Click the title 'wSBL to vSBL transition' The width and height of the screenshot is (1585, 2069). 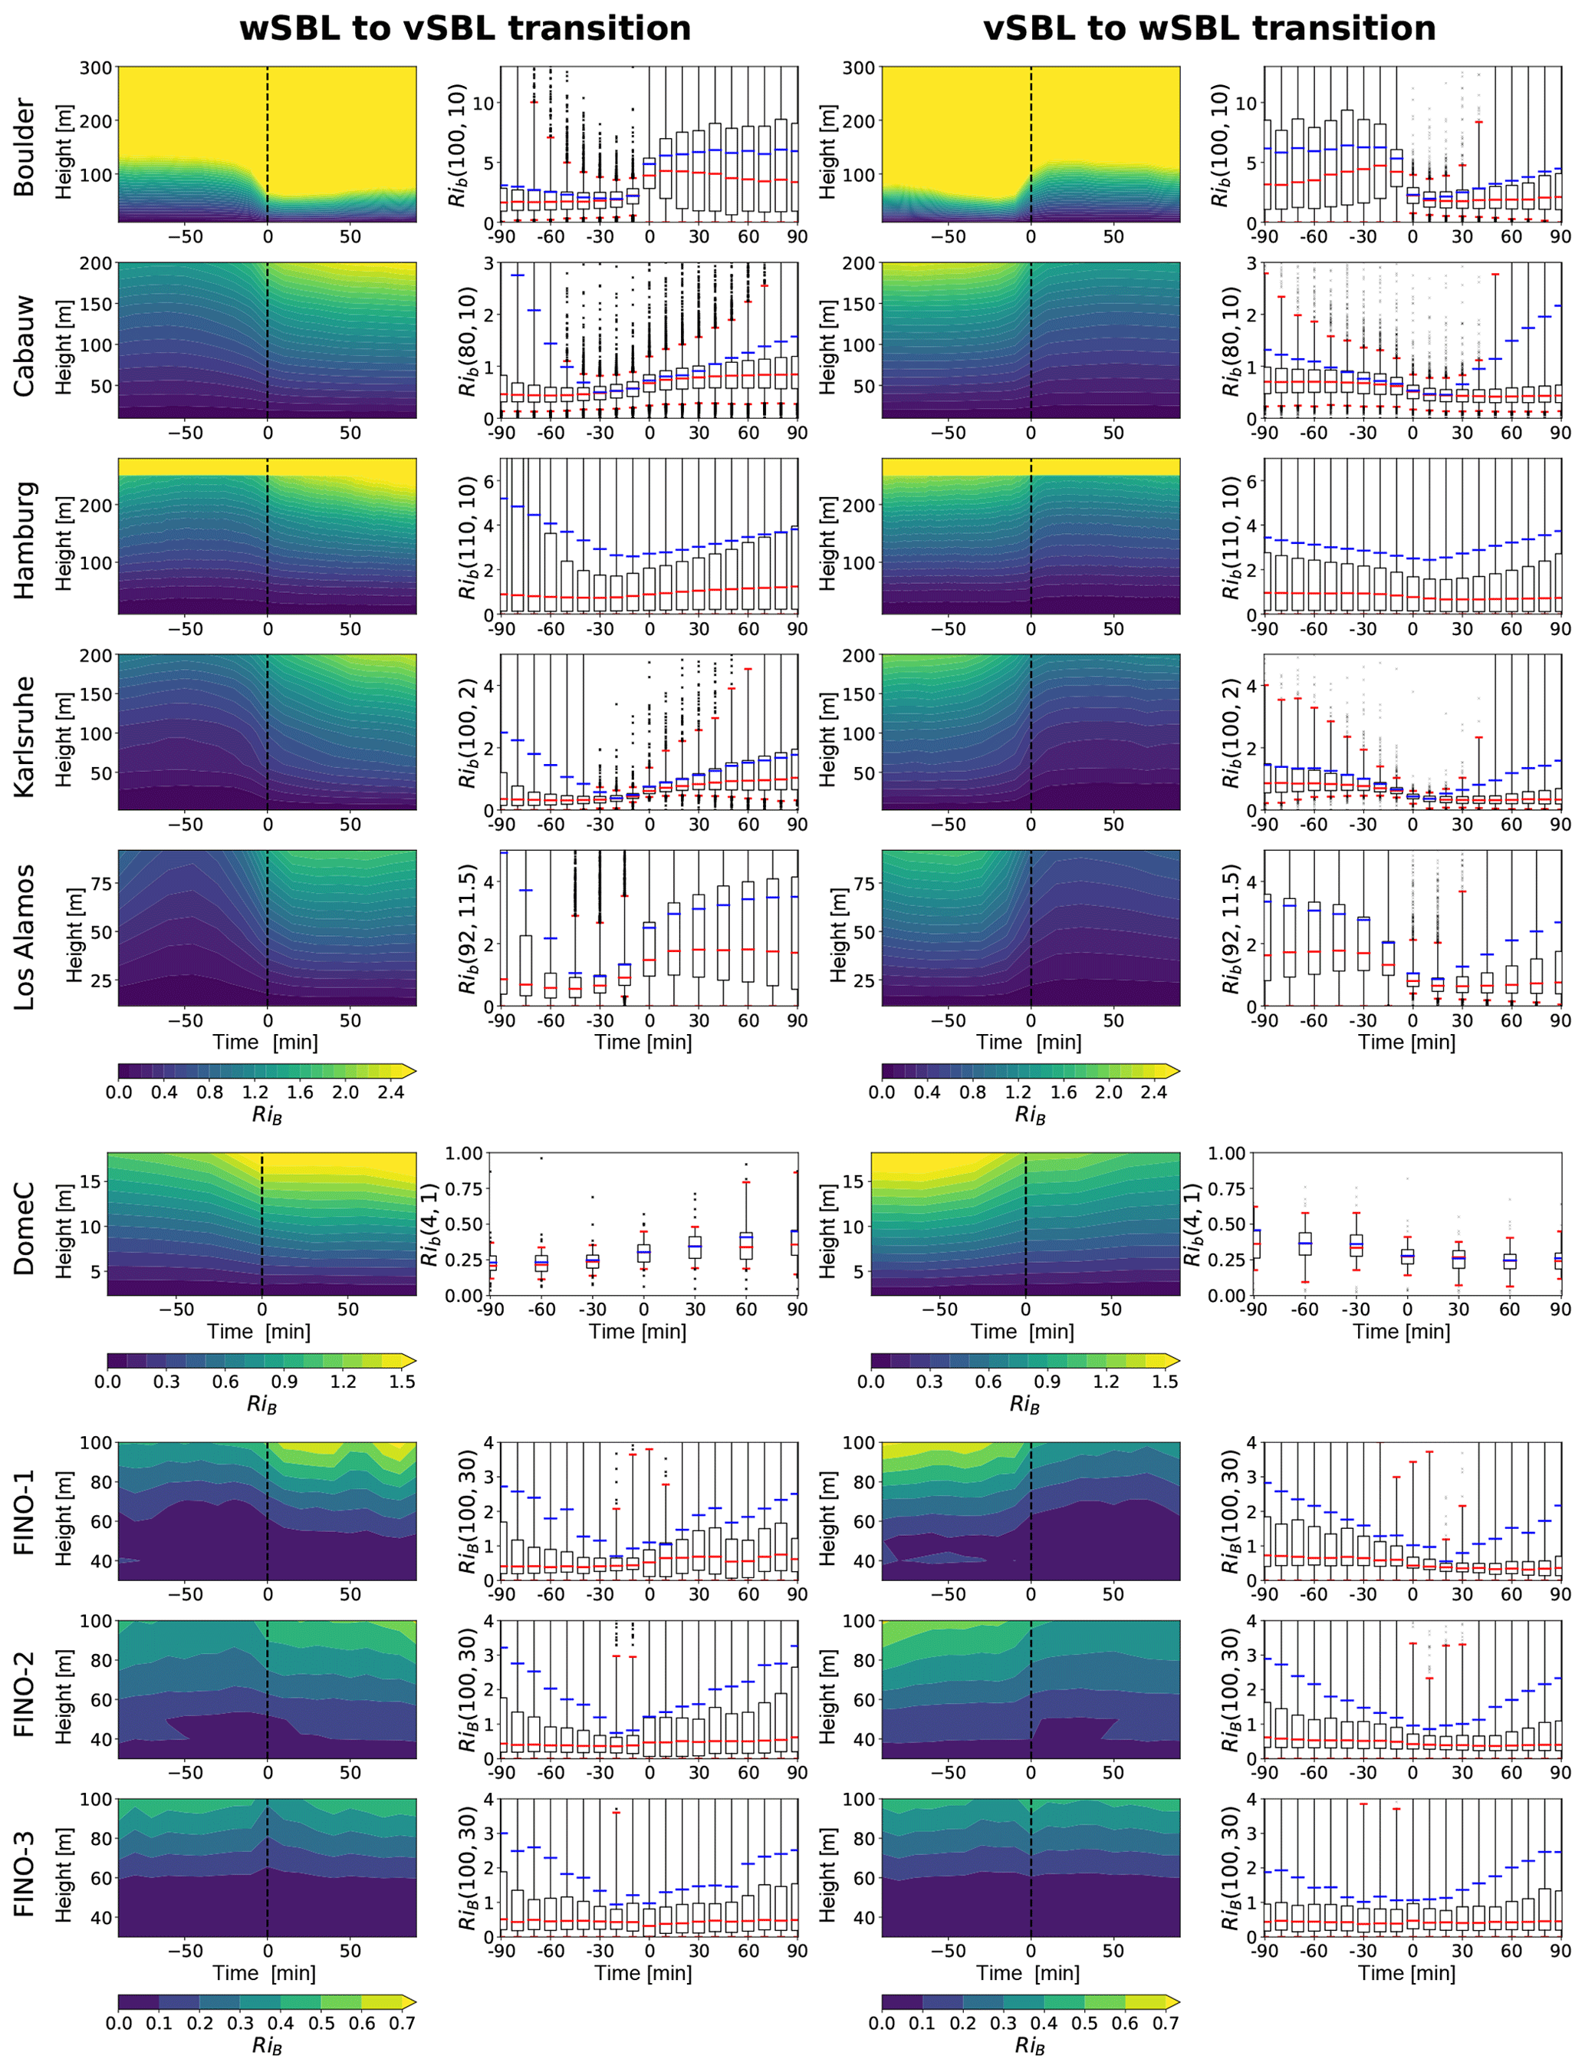tap(465, 28)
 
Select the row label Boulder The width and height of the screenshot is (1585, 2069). tap(24, 147)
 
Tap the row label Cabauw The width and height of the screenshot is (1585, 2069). tap(24, 345)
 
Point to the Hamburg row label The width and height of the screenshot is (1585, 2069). tap(24, 540)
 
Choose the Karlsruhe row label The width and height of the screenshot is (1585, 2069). tap(24, 736)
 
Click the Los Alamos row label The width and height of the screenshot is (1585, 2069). tap(24, 937)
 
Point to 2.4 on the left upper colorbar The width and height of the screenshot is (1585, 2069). tap(390, 1092)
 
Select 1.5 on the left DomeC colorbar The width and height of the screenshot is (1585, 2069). tap(402, 1381)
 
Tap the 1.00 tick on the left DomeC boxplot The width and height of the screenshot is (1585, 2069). tap(464, 1152)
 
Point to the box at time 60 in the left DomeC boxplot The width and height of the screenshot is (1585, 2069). tap(746, 1246)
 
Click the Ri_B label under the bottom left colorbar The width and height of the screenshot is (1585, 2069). tap(267, 2045)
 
